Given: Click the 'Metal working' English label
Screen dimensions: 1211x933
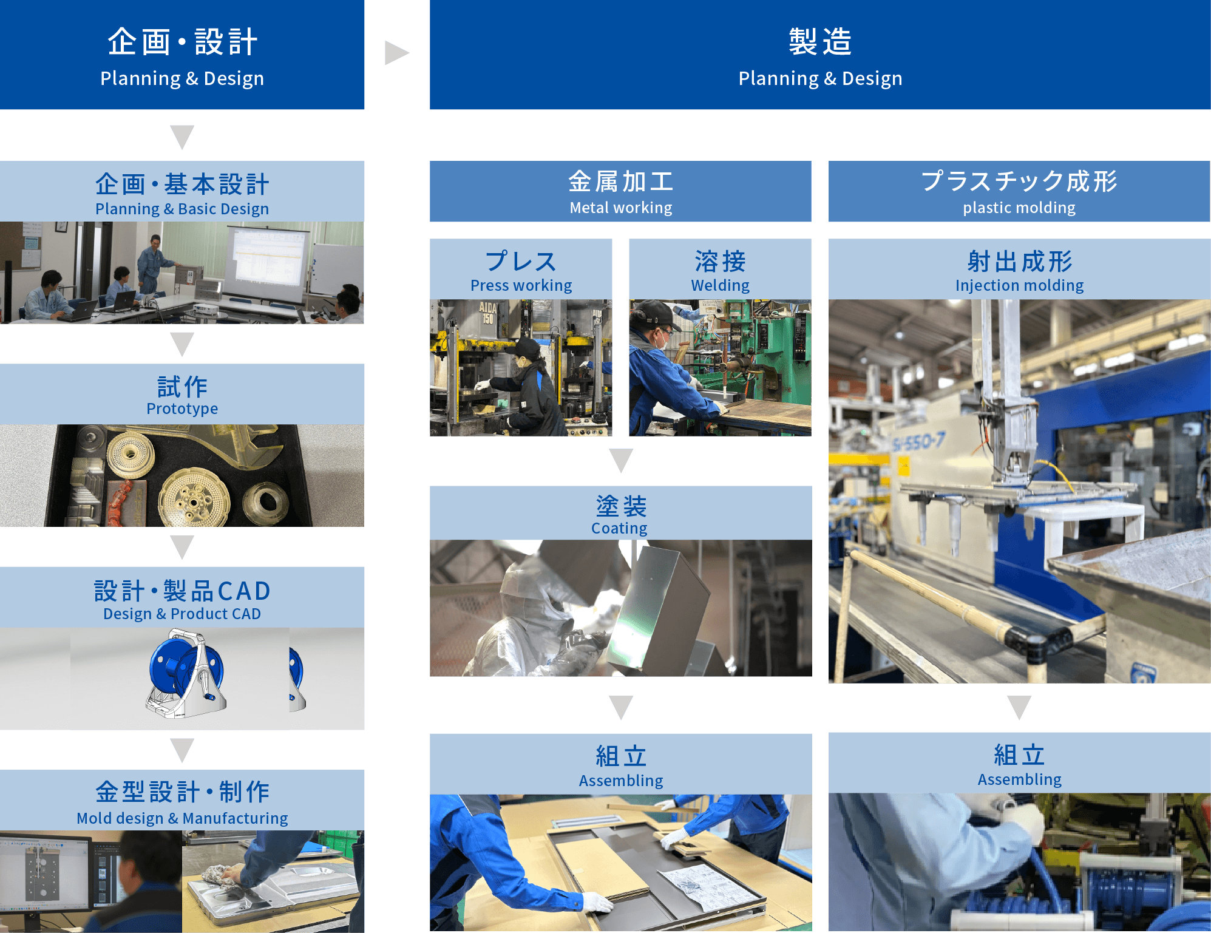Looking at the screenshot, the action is (620, 208).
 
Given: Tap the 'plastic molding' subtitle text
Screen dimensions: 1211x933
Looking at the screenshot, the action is (1019, 208).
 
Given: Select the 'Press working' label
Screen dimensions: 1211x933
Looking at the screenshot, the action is (521, 285).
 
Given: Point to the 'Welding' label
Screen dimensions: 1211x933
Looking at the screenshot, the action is (720, 285).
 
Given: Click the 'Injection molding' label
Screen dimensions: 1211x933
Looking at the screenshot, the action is (1019, 285).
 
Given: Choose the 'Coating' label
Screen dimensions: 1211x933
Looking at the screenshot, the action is (619, 528).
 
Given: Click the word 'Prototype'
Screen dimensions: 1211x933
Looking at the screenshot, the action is (182, 409).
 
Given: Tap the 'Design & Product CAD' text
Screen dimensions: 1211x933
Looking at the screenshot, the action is (182, 614).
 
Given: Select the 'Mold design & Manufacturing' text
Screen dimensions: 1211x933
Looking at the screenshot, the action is (182, 818).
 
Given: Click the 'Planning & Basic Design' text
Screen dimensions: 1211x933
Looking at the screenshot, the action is (182, 209).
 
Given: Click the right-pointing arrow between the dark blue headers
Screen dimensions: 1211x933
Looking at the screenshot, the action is (396, 53).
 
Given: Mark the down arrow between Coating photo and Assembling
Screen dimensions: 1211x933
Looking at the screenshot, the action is (621, 707).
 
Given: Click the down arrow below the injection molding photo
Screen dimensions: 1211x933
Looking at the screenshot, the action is (1019, 707).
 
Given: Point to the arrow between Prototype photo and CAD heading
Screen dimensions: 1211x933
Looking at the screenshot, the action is (182, 547).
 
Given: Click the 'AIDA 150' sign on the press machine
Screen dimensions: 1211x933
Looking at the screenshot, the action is (488, 313).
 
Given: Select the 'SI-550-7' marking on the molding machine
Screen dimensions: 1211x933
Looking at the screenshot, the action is (918, 441).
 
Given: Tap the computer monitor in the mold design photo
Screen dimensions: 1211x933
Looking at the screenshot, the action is (46, 874).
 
